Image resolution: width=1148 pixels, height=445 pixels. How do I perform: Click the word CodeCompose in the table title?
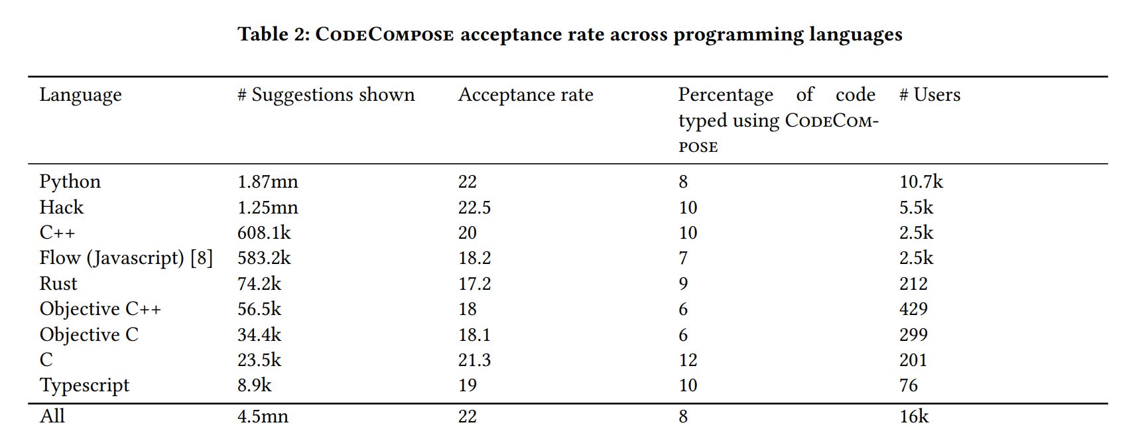[x=385, y=34]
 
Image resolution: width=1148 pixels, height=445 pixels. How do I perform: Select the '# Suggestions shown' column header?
[x=326, y=95]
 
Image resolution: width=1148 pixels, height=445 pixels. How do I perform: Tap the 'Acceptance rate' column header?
[x=525, y=95]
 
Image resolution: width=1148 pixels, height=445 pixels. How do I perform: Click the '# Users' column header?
[x=929, y=95]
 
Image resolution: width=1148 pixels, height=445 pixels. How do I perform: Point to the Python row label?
[x=70, y=182]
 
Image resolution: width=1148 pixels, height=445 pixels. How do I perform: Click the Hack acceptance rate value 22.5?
[x=474, y=208]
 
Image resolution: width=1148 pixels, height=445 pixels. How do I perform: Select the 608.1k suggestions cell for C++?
[x=264, y=233]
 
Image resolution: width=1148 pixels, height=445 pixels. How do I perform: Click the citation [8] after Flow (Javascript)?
[x=202, y=258]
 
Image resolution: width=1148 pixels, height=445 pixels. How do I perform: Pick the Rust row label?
[x=58, y=284]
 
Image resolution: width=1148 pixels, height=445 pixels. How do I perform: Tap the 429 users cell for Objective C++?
[x=913, y=309]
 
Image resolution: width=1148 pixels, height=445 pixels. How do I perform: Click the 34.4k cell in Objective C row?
[x=259, y=335]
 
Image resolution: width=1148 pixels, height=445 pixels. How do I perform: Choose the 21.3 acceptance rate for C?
[x=474, y=360]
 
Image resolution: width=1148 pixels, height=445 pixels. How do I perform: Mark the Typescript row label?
[x=84, y=386]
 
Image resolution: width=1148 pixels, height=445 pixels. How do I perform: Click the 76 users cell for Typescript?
[x=908, y=385]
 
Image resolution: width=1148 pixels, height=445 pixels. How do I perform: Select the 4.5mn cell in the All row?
[x=263, y=416]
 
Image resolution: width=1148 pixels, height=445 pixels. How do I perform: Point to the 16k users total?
[x=913, y=416]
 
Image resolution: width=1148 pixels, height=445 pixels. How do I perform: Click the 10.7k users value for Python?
[x=921, y=182]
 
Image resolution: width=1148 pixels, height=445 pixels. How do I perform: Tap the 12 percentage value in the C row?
[x=688, y=360]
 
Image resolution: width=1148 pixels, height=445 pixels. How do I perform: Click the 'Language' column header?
[x=80, y=95]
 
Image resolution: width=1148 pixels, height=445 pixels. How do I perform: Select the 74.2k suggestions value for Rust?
[x=259, y=284]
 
